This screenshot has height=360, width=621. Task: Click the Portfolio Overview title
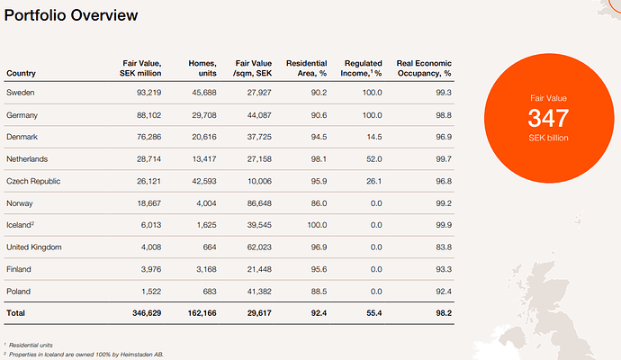coord(71,15)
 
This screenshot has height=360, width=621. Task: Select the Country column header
coord(21,73)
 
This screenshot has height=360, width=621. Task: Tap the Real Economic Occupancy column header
coord(424,68)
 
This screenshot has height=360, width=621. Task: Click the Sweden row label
coord(20,93)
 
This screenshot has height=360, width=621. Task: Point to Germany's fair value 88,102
coord(148,115)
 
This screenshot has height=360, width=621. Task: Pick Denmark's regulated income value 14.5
coord(374,137)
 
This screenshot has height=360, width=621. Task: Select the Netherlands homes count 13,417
coord(204,158)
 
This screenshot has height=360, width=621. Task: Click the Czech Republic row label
coord(33,181)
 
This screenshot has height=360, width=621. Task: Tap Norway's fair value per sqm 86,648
coord(259,203)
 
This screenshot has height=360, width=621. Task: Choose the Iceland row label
coord(20,225)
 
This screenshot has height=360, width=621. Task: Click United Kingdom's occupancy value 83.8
coord(444,247)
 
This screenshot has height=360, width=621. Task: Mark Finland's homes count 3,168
coord(206,269)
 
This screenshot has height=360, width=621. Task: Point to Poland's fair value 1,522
coord(151,292)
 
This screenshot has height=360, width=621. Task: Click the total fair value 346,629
coord(147,313)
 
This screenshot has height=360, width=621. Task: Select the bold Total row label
coord(15,313)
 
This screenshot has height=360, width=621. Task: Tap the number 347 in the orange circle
coord(548,118)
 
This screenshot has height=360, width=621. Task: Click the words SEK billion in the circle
coord(548,138)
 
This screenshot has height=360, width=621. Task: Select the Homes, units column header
coord(202,68)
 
